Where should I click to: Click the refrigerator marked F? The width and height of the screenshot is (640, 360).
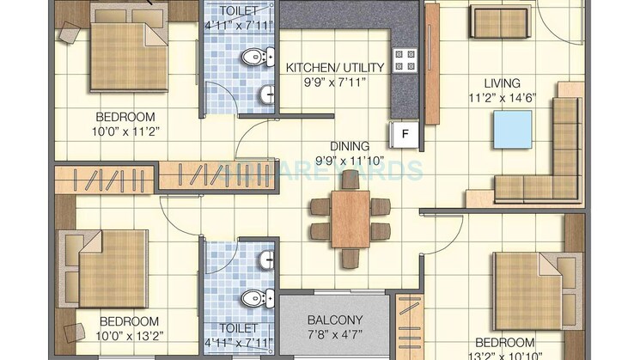click(404, 134)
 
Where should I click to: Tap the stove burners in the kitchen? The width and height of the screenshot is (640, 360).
click(405, 60)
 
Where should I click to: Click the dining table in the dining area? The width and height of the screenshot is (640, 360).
click(350, 218)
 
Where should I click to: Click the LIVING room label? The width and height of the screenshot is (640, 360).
click(502, 82)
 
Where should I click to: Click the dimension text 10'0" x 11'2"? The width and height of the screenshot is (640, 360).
click(125, 131)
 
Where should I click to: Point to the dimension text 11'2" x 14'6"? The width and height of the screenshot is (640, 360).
click(502, 97)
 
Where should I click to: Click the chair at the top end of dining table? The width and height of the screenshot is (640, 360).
click(350, 178)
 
